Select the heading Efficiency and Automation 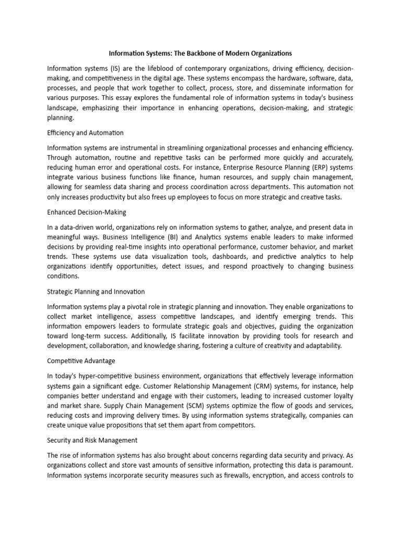click(x=85, y=133)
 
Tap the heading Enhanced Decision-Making click(x=87, y=212)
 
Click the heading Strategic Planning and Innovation click(x=96, y=292)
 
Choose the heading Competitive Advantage click(x=81, y=360)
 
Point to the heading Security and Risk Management click(x=92, y=440)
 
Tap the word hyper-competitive click(x=108, y=376)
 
